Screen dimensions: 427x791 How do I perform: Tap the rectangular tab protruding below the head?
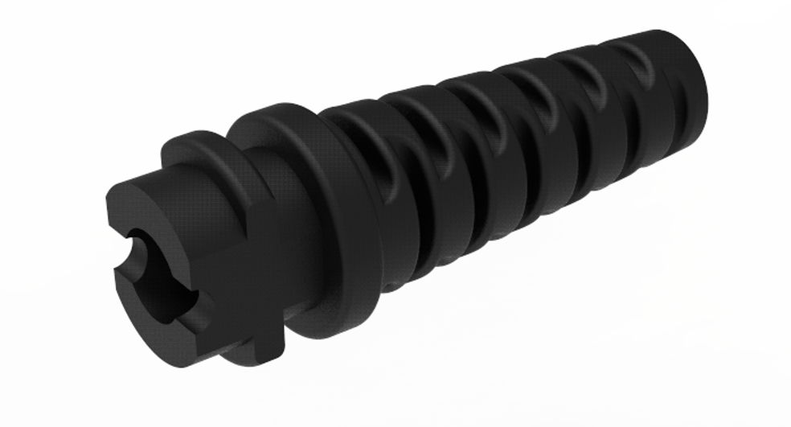point(261,342)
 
